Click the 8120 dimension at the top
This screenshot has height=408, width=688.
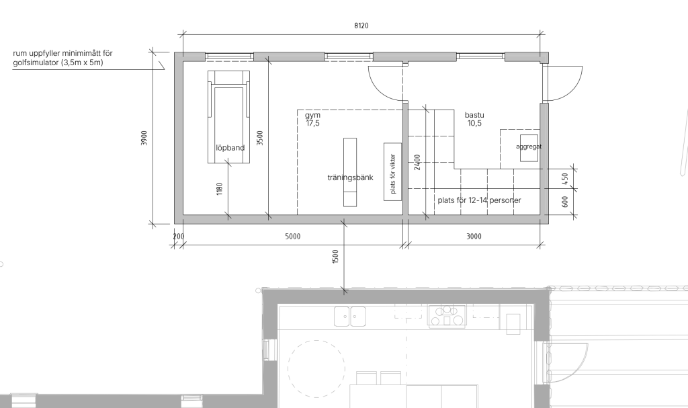click(361, 26)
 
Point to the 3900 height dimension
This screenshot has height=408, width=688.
click(144, 138)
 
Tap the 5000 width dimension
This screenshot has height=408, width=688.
click(293, 237)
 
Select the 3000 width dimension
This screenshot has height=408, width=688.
click(474, 237)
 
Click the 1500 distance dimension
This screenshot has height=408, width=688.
click(336, 257)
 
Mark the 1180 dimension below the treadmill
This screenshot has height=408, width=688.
click(220, 189)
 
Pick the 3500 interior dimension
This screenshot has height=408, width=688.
click(260, 138)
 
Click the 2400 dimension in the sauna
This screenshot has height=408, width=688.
click(417, 162)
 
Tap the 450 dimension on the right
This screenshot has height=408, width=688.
click(564, 179)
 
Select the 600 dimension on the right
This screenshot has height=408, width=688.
click(564, 202)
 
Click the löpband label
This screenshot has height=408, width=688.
click(230, 148)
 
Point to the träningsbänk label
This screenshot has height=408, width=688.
click(350, 177)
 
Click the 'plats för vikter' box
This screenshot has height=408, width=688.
click(392, 171)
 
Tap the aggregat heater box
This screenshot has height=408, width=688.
click(529, 148)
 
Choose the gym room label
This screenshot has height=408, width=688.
click(312, 119)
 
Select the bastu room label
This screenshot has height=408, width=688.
click(474, 119)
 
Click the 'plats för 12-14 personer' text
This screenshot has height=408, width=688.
click(479, 200)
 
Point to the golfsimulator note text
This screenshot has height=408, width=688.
click(62, 58)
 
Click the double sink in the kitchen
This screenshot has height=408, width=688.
click(350, 316)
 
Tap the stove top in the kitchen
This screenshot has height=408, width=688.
click(447, 316)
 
